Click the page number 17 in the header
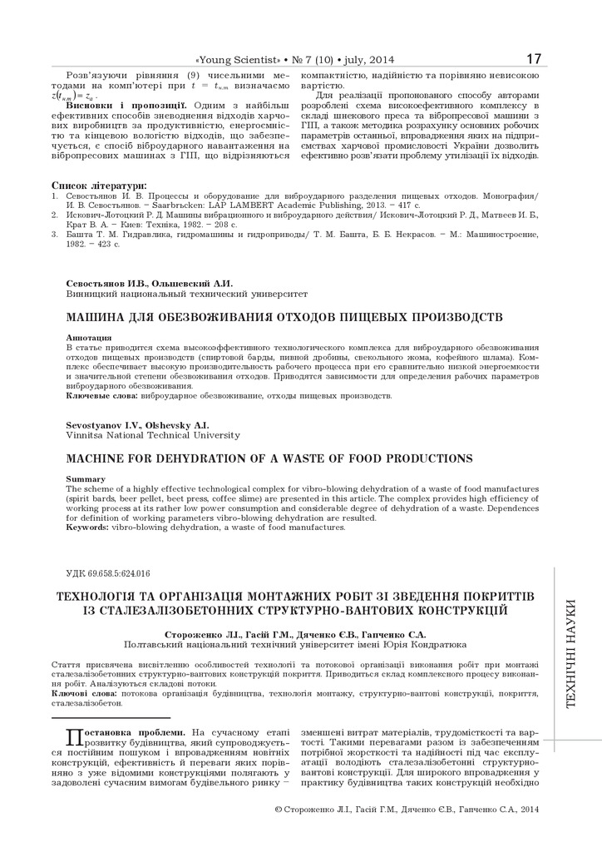tap(533, 59)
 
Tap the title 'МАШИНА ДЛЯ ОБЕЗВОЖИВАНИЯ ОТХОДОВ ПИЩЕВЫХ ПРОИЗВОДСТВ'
tap(284, 317)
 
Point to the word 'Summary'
tap(86, 479)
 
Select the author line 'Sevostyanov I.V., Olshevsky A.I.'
tap(137, 425)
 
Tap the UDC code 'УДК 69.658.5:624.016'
tap(106, 574)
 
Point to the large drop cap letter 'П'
tap(73, 736)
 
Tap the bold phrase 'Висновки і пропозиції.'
tap(129, 106)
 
